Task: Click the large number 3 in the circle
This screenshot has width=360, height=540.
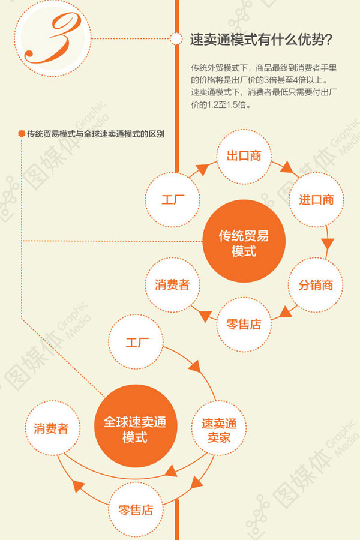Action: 53,38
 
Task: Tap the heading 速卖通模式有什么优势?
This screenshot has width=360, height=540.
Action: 261,40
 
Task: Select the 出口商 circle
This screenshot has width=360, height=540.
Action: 244,157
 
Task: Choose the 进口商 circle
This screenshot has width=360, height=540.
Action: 316,200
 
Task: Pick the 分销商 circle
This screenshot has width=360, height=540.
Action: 316,285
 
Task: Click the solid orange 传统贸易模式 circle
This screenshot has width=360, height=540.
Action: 244,241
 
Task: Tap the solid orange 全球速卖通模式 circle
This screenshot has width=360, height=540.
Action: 136,426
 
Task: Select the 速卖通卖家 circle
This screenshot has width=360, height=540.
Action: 219,428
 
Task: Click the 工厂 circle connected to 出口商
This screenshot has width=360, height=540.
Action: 173,200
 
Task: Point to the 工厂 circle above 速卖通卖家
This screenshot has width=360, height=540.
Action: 136,342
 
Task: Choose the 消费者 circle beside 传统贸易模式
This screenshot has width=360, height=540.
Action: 172,285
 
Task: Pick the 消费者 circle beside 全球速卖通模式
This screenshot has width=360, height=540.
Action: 52,428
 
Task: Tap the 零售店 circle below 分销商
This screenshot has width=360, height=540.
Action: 244,325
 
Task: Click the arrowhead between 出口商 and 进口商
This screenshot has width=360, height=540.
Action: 287,167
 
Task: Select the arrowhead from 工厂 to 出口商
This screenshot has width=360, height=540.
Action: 203,169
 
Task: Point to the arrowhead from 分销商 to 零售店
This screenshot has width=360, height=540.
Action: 286,312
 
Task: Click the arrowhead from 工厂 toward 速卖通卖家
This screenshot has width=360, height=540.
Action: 196,367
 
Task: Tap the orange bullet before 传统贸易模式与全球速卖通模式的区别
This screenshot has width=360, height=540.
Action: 22,134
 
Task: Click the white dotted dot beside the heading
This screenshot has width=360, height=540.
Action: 177,39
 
